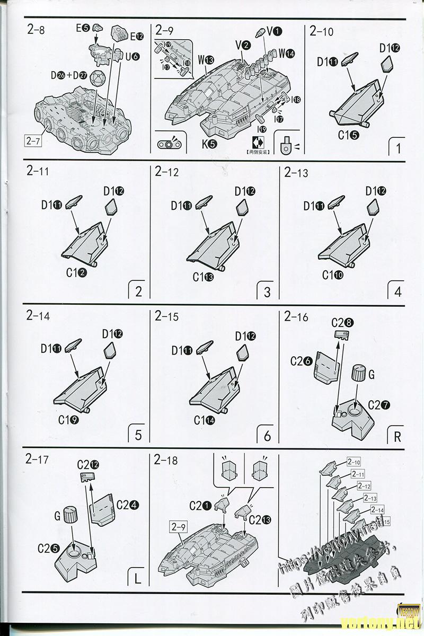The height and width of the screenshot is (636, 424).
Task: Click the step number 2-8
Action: pyautogui.click(x=36, y=30)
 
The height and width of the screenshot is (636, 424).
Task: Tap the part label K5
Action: pyautogui.click(x=209, y=143)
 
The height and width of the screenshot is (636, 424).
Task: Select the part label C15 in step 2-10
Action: pyautogui.click(x=349, y=135)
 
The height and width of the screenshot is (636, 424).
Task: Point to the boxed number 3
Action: pyautogui.click(x=267, y=292)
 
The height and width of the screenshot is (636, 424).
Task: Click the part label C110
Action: pyautogui.click(x=333, y=276)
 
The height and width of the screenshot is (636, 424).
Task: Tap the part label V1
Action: pyautogui.click(x=274, y=31)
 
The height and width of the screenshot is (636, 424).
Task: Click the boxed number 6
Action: pyautogui.click(x=267, y=436)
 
